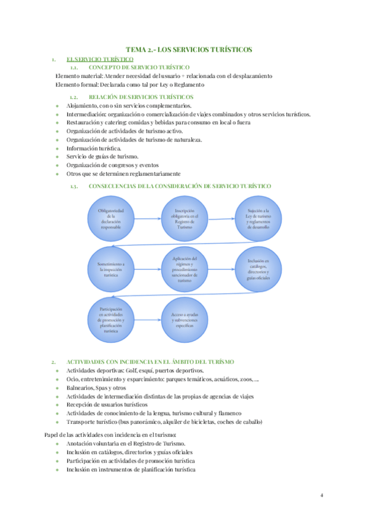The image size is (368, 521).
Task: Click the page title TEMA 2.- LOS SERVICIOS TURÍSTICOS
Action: [x=188, y=49]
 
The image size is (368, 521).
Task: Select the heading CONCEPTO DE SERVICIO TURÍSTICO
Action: [x=139, y=67]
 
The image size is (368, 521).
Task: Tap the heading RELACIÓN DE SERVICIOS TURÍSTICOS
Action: [x=140, y=97]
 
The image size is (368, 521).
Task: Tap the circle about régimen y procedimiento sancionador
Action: [x=185, y=268]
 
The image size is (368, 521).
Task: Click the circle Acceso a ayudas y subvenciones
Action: [x=185, y=319]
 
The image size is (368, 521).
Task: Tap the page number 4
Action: [x=322, y=495]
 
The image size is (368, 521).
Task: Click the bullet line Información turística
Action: [x=94, y=148]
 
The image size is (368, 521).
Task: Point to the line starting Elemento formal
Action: [x=129, y=85]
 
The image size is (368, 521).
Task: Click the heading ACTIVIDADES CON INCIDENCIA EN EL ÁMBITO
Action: [x=150, y=362]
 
